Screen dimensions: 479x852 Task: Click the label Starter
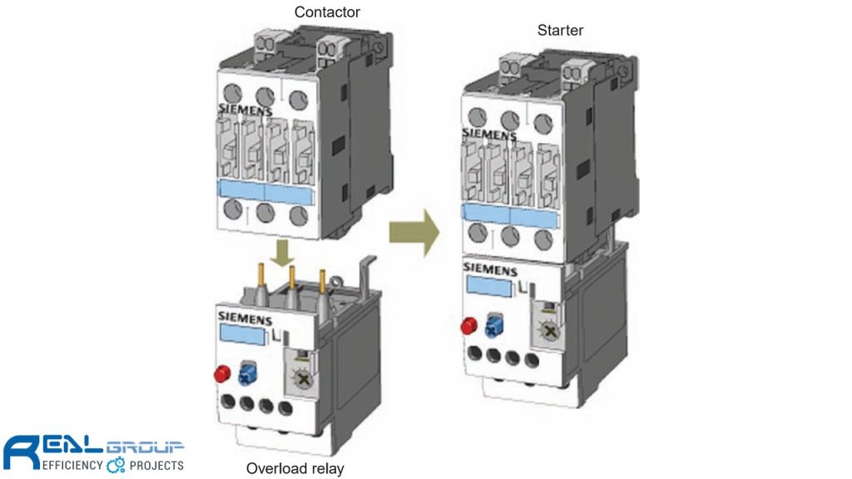561,31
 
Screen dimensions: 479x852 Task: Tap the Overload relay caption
295,468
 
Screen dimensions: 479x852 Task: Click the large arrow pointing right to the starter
414,234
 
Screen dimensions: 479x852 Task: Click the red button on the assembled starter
467,323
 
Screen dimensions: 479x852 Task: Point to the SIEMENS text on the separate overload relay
243,316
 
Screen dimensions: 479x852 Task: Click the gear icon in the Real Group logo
116,465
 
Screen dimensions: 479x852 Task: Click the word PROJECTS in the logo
156,465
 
